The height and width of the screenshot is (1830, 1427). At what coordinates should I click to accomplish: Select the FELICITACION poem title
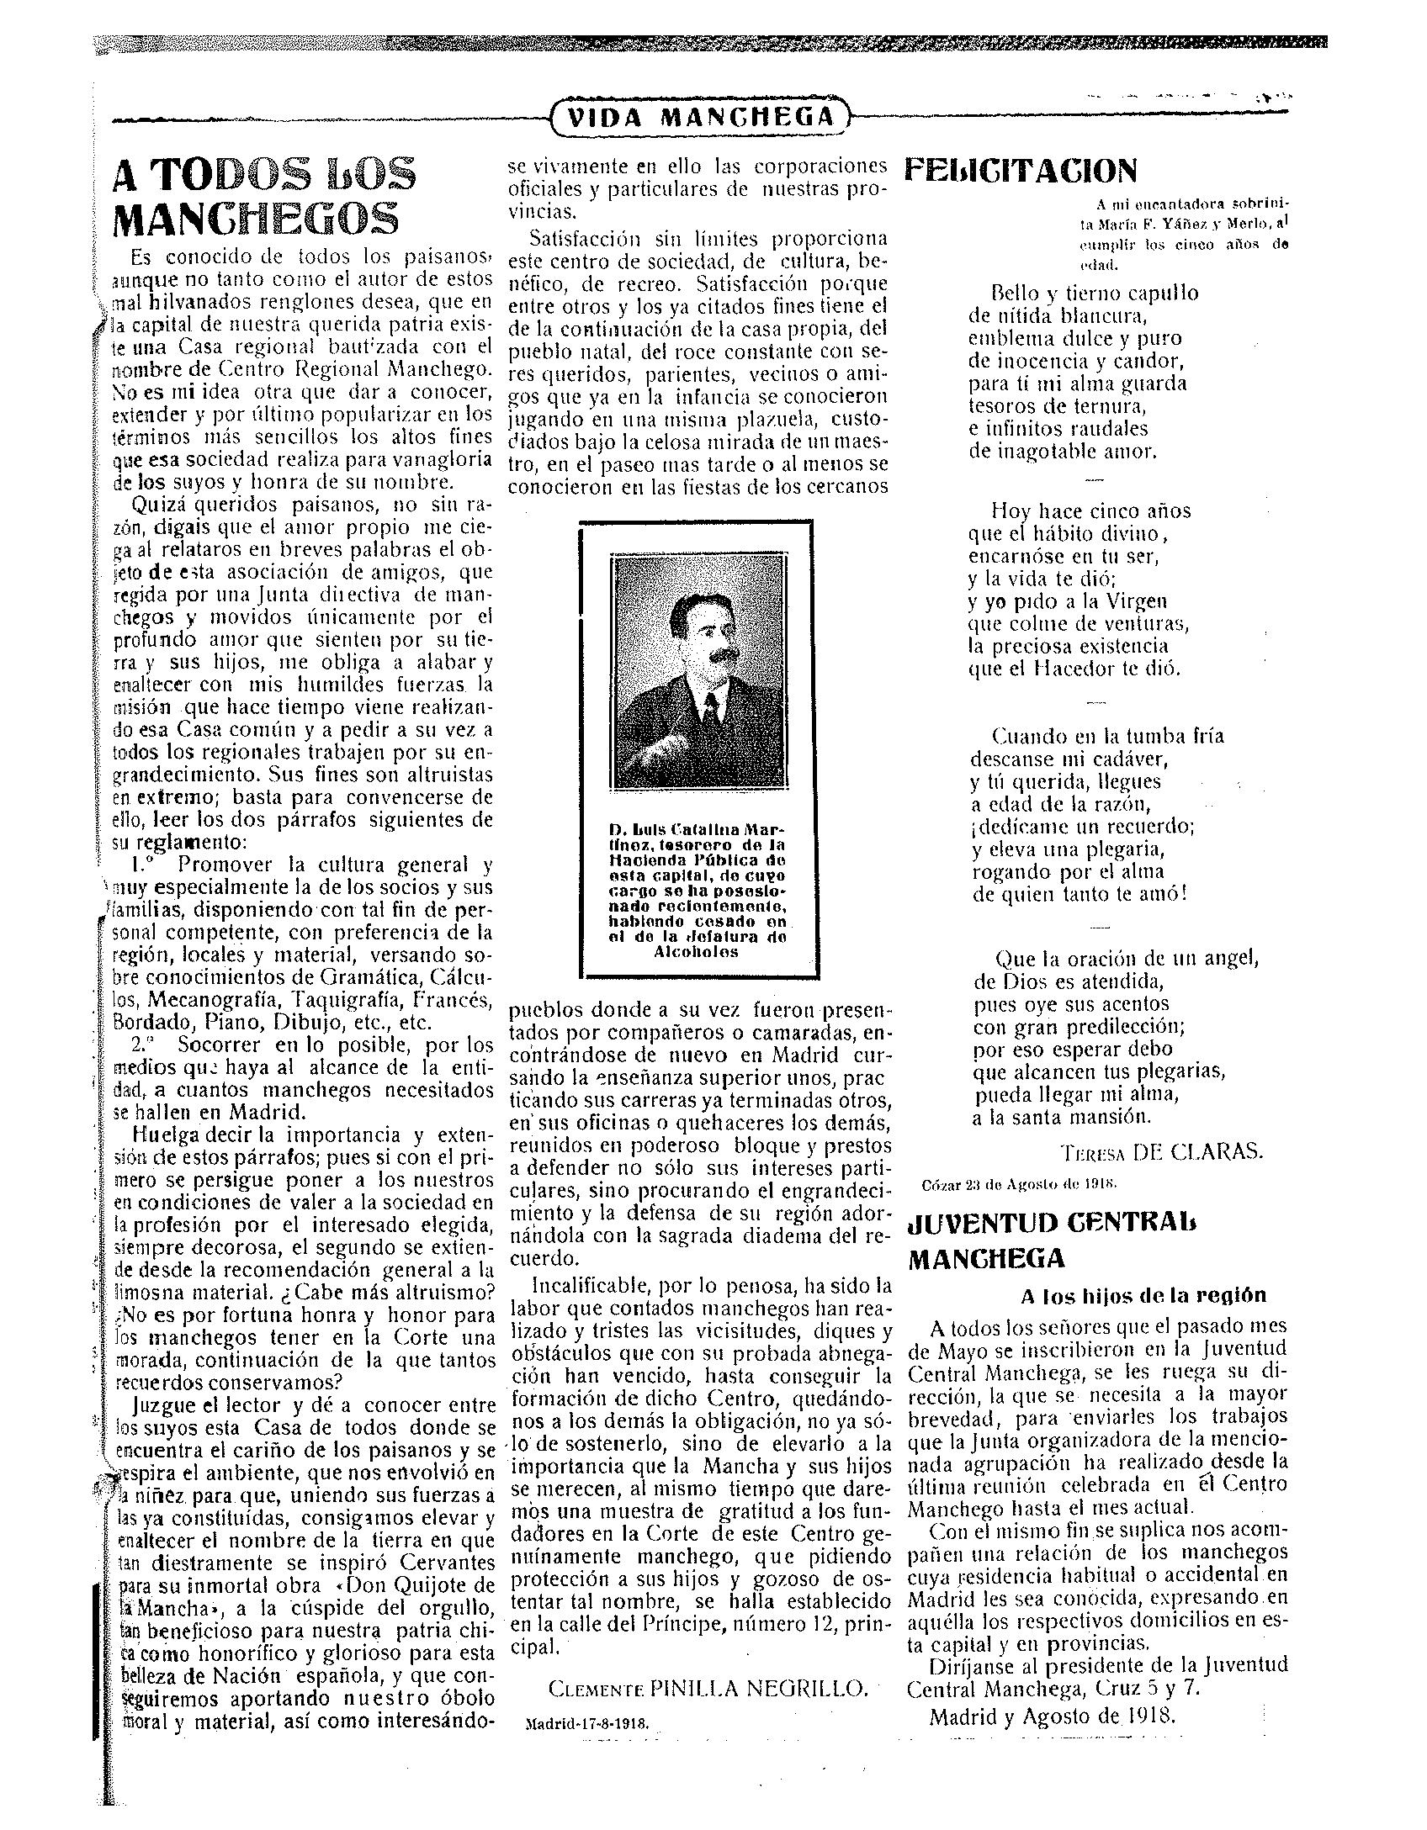tap(1020, 171)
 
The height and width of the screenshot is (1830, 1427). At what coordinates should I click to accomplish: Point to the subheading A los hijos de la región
tap(1143, 1296)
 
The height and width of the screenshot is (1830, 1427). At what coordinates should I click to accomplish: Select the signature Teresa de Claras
tap(1161, 1152)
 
